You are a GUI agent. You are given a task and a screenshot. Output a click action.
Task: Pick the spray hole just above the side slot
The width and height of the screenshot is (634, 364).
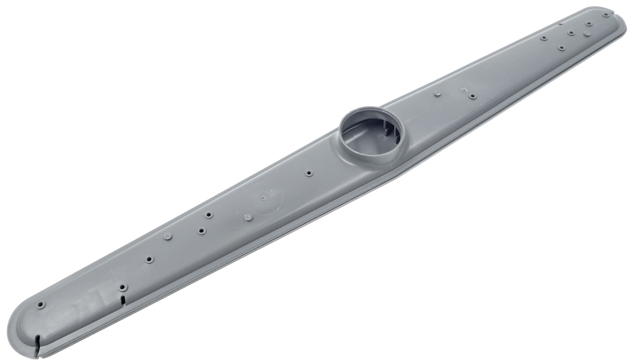pyautogui.click(x=122, y=287)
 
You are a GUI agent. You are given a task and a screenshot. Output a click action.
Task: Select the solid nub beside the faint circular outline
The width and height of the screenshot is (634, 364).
pyautogui.click(x=247, y=217)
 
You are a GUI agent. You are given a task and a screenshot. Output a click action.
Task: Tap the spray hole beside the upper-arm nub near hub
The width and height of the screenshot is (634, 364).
pyautogui.click(x=472, y=96)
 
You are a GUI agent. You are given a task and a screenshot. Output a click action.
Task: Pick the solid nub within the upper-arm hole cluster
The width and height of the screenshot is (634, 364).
pyautogui.click(x=587, y=34)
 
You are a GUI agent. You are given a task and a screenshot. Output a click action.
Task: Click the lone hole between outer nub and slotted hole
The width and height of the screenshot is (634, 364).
pyautogui.click(x=149, y=260)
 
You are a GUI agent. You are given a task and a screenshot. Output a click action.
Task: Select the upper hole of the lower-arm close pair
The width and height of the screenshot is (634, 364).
pyautogui.click(x=209, y=214)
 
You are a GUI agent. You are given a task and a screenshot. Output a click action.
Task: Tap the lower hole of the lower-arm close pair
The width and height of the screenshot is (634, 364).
pyautogui.click(x=201, y=231)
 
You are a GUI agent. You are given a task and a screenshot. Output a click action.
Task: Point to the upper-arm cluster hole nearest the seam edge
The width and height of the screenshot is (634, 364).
pyautogui.click(x=561, y=48)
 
